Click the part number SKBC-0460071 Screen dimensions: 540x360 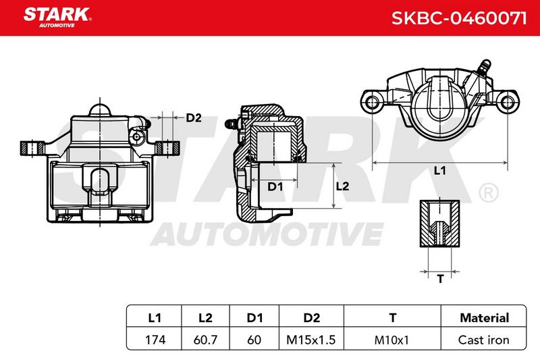click(459, 18)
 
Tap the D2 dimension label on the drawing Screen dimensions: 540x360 click(194, 118)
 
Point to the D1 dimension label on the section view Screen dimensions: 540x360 click(275, 186)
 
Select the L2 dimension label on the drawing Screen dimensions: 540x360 click(342, 186)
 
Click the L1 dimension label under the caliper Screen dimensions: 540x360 click(440, 170)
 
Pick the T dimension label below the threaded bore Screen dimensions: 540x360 click(440, 278)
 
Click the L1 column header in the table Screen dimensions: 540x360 click(155, 317)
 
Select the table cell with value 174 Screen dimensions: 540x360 click(155, 340)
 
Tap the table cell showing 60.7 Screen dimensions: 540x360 click(205, 340)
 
